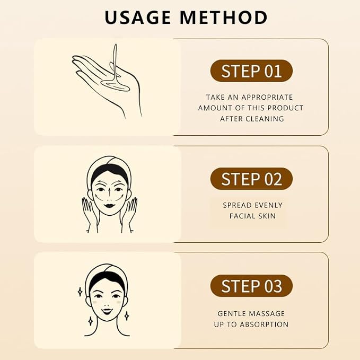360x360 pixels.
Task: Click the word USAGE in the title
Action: [x=137, y=17]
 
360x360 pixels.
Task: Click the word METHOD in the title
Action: [x=224, y=17]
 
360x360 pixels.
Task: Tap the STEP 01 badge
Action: [x=251, y=71]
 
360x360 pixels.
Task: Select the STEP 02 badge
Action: [x=251, y=179]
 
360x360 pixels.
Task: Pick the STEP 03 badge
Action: [x=251, y=286]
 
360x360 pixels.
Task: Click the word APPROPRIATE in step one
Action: [x=267, y=97]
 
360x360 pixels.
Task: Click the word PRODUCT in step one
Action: [x=285, y=108]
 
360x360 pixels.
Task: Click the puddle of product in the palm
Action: [x=115, y=85]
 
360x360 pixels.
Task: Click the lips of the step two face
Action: [x=110, y=205]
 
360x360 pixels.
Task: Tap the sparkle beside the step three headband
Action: [x=80, y=292]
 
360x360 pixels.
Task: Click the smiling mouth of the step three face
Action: [x=107, y=312]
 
